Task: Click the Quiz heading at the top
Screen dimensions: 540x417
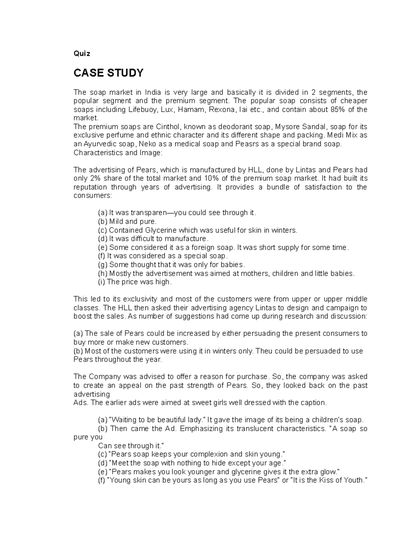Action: (82, 54)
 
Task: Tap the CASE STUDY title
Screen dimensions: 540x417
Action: (108, 73)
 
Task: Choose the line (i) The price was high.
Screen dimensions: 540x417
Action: (135, 282)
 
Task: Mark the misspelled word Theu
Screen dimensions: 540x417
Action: (263, 351)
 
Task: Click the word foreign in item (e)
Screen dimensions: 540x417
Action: (204, 248)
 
